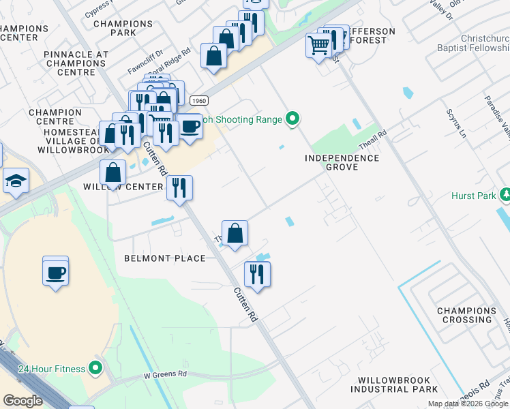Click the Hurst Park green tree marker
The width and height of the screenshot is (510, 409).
(505, 196)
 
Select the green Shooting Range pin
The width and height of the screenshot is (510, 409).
(293, 119)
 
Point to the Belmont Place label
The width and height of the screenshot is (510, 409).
(164, 258)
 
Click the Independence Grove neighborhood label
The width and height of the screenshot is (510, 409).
(342, 162)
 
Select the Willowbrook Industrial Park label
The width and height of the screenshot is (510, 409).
(394, 384)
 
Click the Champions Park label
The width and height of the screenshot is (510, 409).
(123, 28)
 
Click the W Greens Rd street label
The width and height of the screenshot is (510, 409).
(164, 374)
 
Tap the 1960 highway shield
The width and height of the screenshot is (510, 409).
(198, 100)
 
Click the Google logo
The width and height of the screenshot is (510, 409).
(22, 401)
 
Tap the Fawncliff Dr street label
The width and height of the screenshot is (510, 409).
(145, 62)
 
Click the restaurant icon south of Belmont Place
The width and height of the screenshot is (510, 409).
(257, 274)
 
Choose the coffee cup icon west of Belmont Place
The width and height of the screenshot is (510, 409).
(55, 273)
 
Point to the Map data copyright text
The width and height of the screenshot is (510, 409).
(468, 404)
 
